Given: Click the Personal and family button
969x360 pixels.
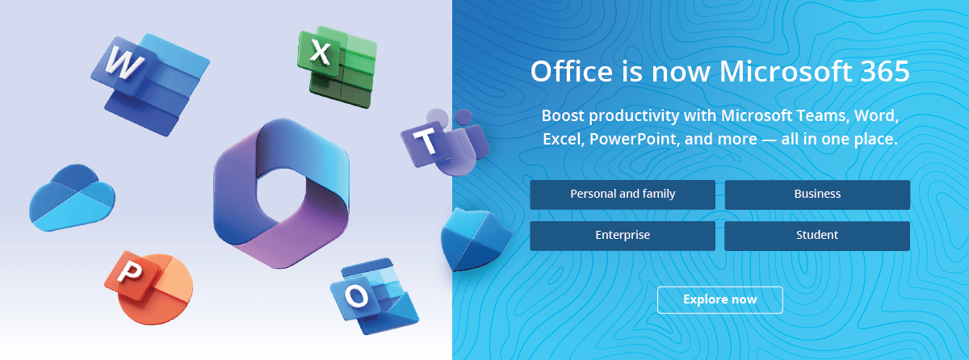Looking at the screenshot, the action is click(623, 195).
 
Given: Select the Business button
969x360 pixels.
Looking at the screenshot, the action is click(817, 195).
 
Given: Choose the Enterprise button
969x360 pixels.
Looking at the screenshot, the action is click(623, 236).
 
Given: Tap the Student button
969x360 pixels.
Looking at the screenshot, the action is click(817, 236).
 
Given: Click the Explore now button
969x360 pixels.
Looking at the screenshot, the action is click(719, 300).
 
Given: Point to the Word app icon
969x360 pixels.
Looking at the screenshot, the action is click(150, 84).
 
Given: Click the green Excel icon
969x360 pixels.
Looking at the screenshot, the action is click(337, 66).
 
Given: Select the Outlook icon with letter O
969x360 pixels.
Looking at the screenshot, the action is click(374, 297).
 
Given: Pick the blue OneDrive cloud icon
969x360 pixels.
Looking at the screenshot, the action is click(72, 198).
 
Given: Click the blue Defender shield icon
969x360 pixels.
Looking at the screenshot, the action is click(476, 240).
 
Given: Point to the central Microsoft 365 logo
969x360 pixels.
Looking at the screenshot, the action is click(282, 193).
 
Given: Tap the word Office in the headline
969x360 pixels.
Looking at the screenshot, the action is click(572, 71).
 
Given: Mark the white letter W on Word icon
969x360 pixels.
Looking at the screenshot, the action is click(124, 63).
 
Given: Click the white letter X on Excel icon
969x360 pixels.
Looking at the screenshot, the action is click(321, 52).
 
